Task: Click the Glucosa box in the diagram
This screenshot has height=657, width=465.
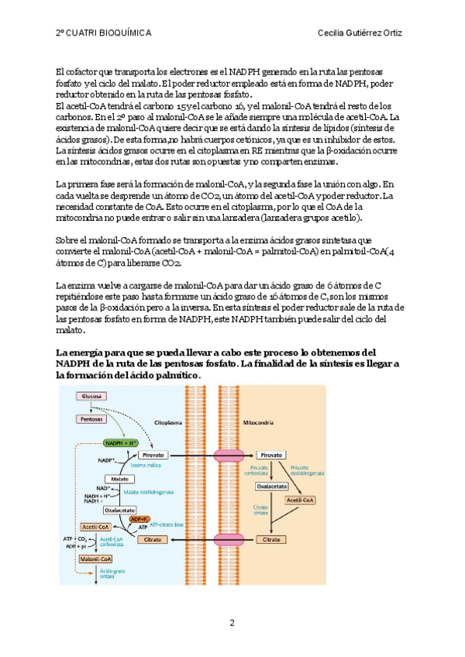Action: (91, 395)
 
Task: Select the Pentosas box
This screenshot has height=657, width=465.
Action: (91, 418)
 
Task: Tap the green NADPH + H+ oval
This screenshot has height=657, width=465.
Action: (120, 442)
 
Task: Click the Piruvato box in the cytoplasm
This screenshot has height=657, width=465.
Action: (152, 456)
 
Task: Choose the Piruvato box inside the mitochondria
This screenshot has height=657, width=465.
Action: (271, 456)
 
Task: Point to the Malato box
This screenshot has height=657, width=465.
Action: (119, 479)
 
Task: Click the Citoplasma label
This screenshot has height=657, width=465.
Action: (168, 424)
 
